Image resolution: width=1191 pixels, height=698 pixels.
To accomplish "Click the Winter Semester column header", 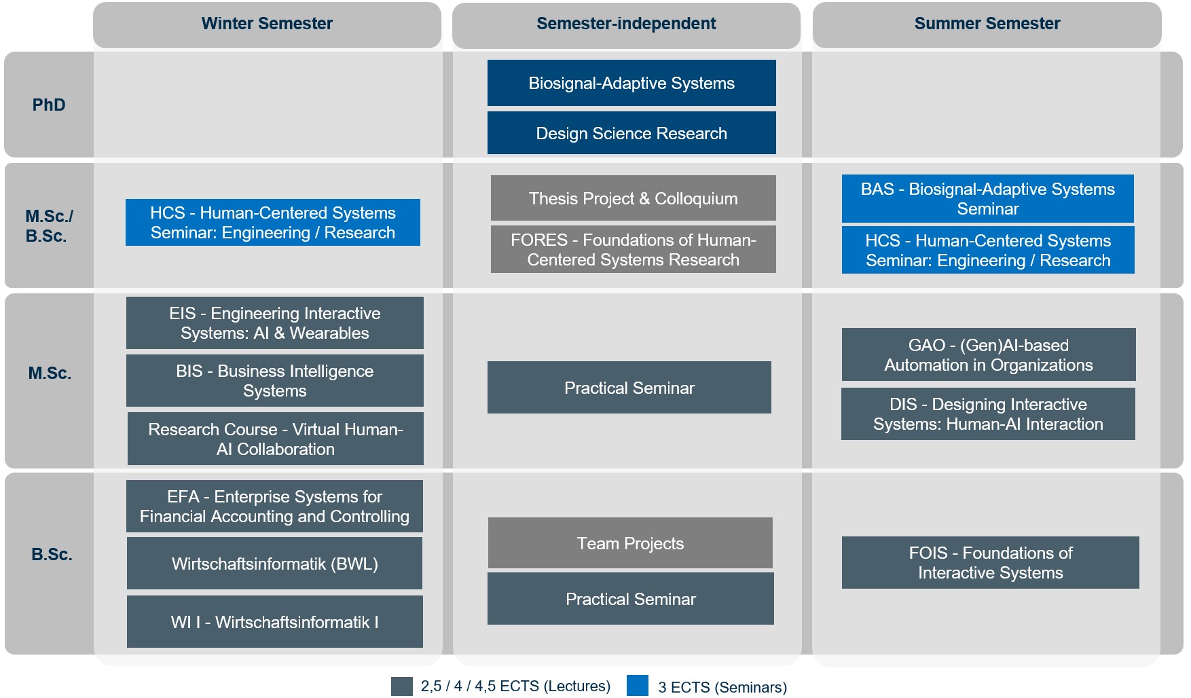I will click(267, 24).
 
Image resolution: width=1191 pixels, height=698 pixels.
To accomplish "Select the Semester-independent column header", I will click(626, 24).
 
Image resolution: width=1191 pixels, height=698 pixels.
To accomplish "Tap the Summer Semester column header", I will click(987, 24).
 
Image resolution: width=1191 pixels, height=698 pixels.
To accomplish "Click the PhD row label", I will click(49, 105).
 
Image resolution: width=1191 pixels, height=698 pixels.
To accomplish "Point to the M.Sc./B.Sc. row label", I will click(49, 226).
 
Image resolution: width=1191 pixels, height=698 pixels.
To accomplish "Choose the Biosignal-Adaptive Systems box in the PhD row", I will click(631, 83).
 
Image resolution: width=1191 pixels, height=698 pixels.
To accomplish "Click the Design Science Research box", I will click(631, 133).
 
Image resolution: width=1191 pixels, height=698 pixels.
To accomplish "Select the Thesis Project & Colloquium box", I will click(633, 198).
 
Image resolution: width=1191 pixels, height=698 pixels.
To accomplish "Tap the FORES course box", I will click(633, 250).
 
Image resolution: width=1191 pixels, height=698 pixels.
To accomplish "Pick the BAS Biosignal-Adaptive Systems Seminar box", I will click(987, 199).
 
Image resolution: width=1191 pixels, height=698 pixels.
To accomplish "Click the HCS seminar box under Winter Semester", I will click(273, 223).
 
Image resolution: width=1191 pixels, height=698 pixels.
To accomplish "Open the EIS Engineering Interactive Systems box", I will click(275, 323).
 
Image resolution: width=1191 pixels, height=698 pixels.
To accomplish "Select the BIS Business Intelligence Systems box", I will click(275, 381).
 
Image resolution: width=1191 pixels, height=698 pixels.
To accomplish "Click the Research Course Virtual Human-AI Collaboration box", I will click(276, 439).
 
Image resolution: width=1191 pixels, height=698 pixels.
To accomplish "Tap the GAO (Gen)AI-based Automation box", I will click(989, 355).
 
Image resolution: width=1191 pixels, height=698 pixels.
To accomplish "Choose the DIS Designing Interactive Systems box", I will click(988, 414).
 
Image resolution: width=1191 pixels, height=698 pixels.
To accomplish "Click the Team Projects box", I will click(630, 543).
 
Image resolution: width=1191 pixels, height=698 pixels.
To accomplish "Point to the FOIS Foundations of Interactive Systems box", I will click(990, 563).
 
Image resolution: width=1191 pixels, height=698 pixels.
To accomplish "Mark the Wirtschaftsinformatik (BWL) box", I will click(274, 564).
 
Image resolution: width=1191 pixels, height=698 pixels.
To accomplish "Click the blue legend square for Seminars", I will click(638, 686).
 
